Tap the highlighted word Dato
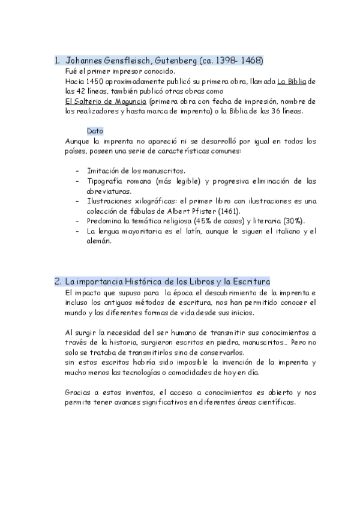pos(95,131)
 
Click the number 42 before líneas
pos(80,91)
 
